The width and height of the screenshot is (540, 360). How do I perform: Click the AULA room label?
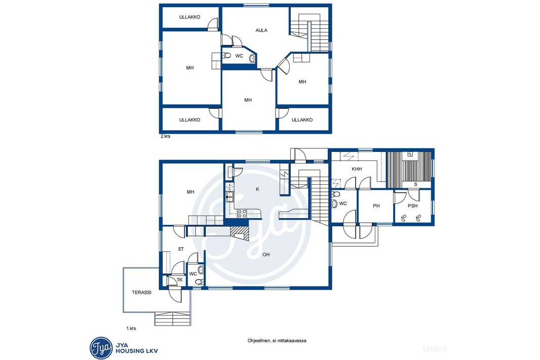(x=261, y=30)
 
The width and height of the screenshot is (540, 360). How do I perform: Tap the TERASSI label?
(x=141, y=293)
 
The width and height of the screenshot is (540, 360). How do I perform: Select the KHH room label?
(x=357, y=169)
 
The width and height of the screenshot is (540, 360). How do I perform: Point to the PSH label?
(x=412, y=206)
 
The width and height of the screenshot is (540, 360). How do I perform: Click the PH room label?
(x=376, y=206)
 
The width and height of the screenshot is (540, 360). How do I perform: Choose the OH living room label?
(x=266, y=255)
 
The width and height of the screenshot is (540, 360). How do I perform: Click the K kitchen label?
(x=257, y=189)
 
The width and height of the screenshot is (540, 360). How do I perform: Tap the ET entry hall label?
(x=181, y=249)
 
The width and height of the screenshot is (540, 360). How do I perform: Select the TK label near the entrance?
(x=179, y=280)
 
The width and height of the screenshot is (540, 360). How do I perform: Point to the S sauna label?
(x=416, y=184)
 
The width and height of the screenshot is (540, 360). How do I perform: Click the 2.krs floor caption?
(x=165, y=136)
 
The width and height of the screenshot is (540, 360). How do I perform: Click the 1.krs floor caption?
(x=131, y=328)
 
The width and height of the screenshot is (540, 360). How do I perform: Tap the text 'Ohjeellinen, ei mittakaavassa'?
(x=277, y=341)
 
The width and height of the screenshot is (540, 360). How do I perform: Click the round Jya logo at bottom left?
(x=101, y=348)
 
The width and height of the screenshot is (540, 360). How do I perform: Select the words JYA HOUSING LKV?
(x=136, y=348)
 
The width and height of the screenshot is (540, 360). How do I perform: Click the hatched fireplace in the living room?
(x=239, y=232)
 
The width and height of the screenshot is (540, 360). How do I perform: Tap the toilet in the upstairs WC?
(x=226, y=55)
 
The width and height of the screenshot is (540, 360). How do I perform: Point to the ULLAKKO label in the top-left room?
(x=190, y=17)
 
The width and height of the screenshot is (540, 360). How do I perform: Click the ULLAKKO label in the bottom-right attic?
(x=302, y=120)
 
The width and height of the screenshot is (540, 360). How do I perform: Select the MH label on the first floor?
(x=190, y=192)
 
